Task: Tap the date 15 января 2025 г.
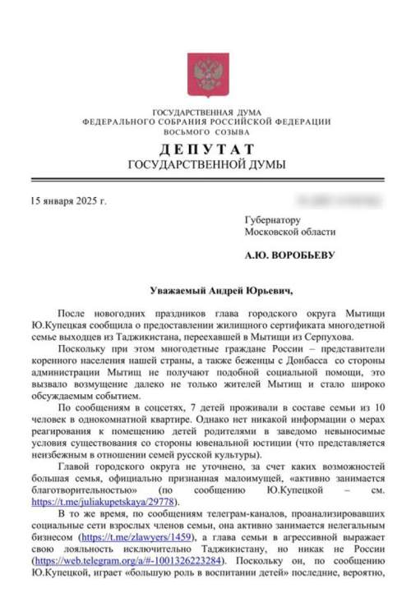click(67, 200)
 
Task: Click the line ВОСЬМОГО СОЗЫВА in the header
click(205, 131)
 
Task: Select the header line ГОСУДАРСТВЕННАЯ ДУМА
click(205, 112)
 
